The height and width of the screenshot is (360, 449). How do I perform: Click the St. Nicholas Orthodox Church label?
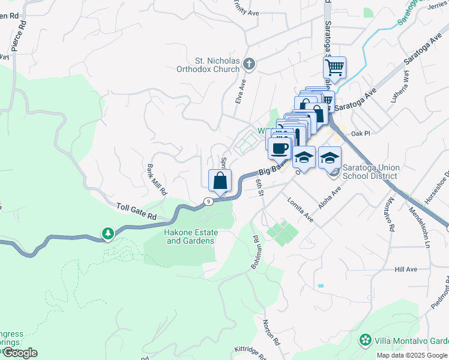[x=217, y=65]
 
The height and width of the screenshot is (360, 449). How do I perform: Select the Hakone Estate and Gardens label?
[x=190, y=236]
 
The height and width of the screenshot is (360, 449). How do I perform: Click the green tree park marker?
[x=107, y=233]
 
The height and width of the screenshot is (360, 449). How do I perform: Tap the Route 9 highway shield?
[x=208, y=202]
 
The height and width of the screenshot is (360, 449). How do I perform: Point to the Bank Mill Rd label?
[x=157, y=179]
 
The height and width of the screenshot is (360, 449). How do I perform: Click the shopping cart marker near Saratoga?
[x=334, y=67]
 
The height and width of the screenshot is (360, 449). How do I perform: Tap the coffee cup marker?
[x=279, y=148]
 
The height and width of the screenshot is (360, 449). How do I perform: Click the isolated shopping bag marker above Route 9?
[x=220, y=180]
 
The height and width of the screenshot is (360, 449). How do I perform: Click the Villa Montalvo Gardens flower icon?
[x=365, y=340]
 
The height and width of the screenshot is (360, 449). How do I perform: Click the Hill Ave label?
[x=406, y=269]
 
